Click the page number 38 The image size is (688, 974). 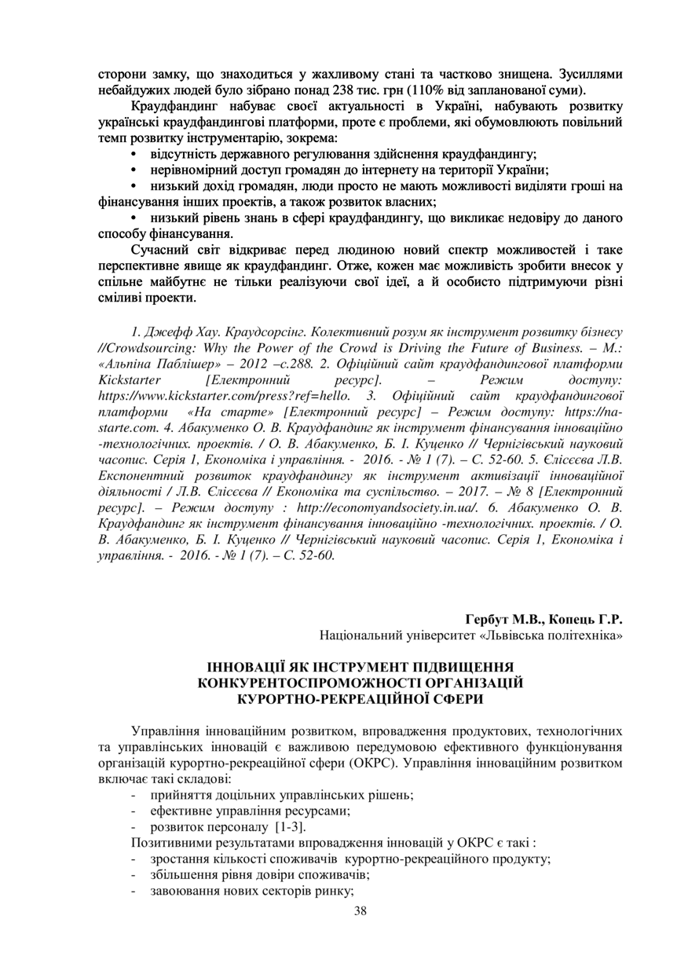(360, 910)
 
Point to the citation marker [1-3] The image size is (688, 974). (291, 827)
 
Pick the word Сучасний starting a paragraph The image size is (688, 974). (163, 251)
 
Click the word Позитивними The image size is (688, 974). (168, 843)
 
